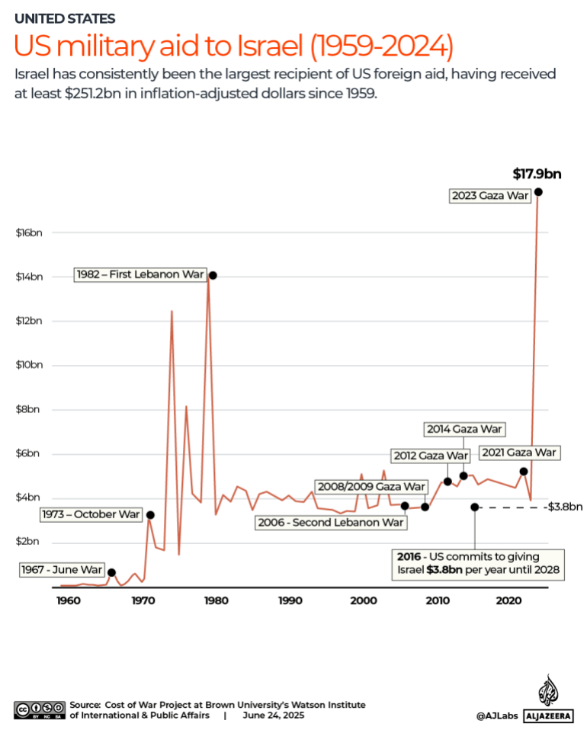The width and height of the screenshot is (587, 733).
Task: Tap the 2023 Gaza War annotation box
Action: pyautogui.click(x=489, y=196)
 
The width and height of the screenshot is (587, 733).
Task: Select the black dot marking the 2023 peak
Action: pyautogui.click(x=538, y=192)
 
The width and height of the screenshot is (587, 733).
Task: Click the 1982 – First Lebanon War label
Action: pyautogui.click(x=140, y=275)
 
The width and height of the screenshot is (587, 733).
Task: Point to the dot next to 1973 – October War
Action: pyautogui.click(x=150, y=515)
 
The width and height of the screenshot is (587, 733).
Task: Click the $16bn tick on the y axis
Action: pyautogui.click(x=29, y=232)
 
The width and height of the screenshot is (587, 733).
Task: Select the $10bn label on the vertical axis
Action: pyautogui.click(x=29, y=365)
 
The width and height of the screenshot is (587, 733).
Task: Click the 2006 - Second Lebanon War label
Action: pyautogui.click(x=330, y=523)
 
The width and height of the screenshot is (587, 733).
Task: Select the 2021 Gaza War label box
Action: pyautogui.click(x=519, y=453)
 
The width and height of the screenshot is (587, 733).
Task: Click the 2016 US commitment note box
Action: pyautogui.click(x=477, y=563)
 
